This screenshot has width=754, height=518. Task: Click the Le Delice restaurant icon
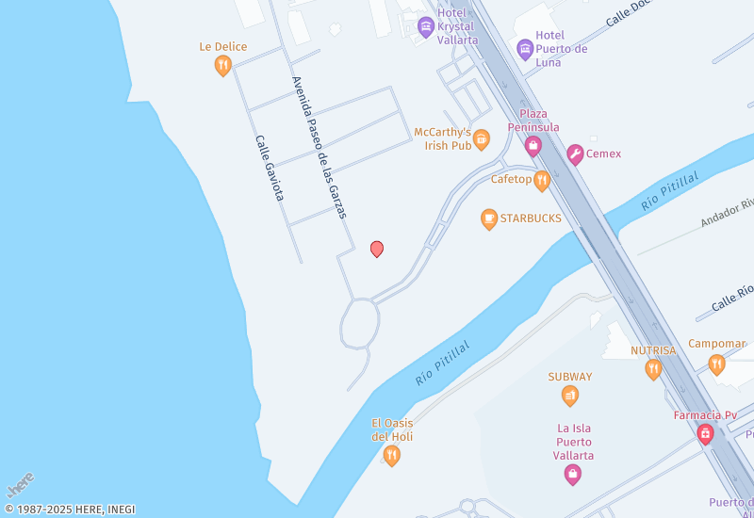[222, 65]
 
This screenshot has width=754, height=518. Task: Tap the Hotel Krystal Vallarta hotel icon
[425, 25]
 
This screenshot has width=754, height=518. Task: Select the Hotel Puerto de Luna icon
[525, 48]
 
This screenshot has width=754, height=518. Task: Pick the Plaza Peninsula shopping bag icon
[533, 145]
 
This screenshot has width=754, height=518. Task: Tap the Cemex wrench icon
[574, 154]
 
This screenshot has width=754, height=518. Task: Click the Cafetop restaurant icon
[541, 181]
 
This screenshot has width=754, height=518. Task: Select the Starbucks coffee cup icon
[488, 219]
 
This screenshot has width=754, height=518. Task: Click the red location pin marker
[377, 249]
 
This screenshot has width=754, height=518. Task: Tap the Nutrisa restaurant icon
[653, 369]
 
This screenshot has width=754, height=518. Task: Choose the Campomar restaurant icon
[716, 364]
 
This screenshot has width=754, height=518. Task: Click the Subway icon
[569, 396]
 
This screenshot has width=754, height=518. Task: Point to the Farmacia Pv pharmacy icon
[704, 433]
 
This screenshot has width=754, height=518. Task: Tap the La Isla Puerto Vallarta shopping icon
[572, 475]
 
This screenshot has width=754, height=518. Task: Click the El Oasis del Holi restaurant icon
[392, 456]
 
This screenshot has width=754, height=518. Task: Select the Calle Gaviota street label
[270, 168]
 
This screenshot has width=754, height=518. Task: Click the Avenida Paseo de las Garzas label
[320, 148]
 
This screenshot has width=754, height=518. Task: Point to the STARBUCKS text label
[531, 219]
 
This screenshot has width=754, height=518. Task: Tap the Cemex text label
[603, 154]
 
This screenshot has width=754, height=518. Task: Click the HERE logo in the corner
[21, 485]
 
